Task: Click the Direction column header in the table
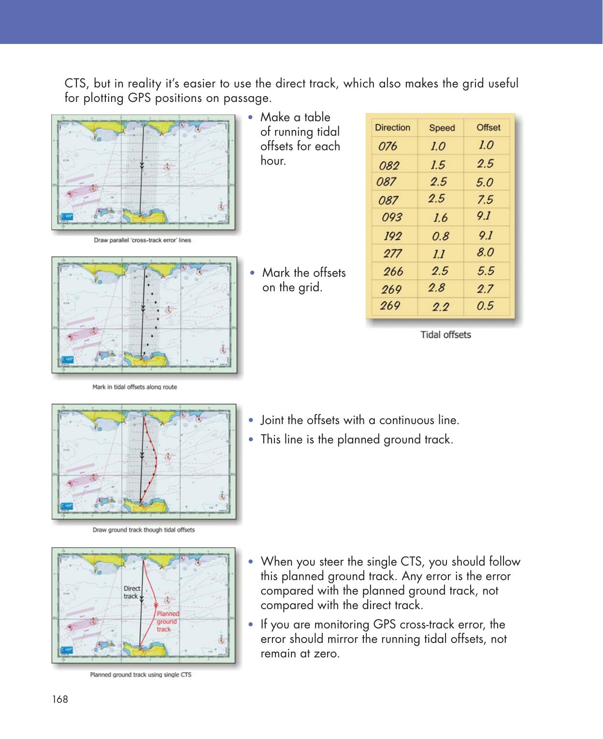(392, 128)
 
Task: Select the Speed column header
(442, 128)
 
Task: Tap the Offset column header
(488, 128)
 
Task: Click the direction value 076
(388, 146)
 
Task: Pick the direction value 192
(392, 236)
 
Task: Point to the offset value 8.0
(486, 252)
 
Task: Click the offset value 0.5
(485, 306)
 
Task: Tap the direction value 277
(392, 253)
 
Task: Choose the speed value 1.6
(440, 218)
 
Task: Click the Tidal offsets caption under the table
(445, 335)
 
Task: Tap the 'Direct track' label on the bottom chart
(131, 592)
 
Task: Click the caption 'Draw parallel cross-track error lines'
(142, 240)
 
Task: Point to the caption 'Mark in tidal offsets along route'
(134, 387)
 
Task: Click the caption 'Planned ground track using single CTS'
(141, 675)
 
